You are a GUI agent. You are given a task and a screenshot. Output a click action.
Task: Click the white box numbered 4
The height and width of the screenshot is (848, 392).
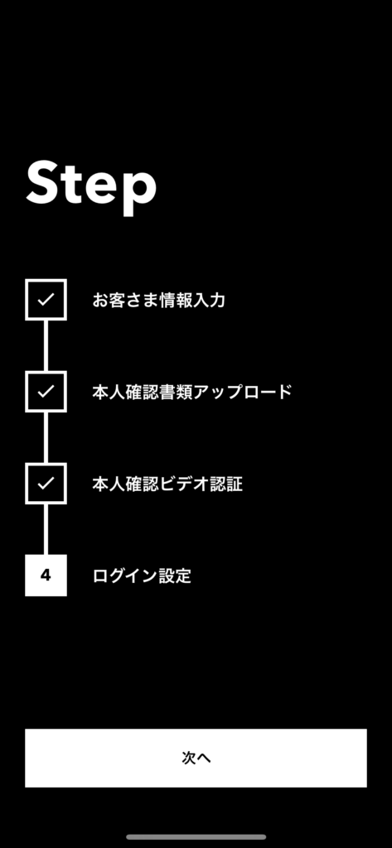pos(46,576)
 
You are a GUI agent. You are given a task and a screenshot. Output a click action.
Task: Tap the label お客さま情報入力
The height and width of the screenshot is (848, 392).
pos(158,300)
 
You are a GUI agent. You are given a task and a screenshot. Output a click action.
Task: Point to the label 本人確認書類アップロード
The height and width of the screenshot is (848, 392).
pos(192,392)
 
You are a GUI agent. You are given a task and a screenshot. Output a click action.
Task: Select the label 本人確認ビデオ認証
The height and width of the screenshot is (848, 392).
pos(167,484)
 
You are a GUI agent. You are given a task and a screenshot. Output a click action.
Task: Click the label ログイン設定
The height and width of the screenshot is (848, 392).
pos(142,576)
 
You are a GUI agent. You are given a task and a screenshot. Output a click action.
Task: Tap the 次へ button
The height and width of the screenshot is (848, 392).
pos(196,759)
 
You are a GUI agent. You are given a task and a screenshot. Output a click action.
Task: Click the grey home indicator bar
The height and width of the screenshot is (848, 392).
pos(196,837)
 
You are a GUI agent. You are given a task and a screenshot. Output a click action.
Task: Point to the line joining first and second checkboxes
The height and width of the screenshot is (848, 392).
pos(46,345)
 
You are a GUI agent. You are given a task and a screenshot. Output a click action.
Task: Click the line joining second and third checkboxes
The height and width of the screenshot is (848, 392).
pos(46,437)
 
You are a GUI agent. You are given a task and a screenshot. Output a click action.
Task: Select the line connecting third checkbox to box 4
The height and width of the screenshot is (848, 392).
pos(46,529)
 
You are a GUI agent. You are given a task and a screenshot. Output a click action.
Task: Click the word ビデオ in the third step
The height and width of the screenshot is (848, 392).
pos(183,484)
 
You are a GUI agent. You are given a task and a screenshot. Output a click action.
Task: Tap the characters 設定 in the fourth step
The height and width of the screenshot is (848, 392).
pos(176,576)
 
